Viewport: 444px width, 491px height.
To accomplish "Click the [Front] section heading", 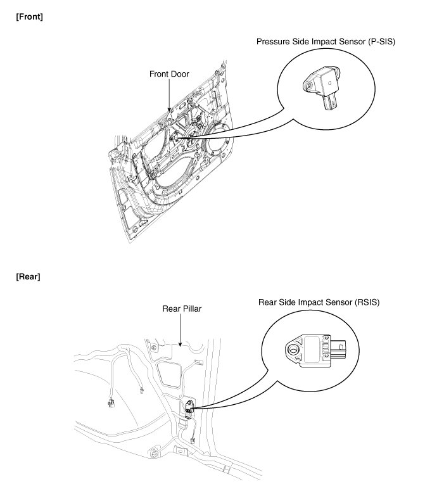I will (x=29, y=16).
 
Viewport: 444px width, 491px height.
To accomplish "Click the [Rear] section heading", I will (x=28, y=277).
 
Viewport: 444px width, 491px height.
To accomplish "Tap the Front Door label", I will (x=168, y=74).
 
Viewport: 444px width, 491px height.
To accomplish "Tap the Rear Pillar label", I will (x=181, y=309).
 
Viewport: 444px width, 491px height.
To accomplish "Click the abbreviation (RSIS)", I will (x=365, y=302).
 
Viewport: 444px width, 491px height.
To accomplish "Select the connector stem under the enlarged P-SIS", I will (x=331, y=103).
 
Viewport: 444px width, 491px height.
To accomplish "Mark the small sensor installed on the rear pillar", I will (x=189, y=408).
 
